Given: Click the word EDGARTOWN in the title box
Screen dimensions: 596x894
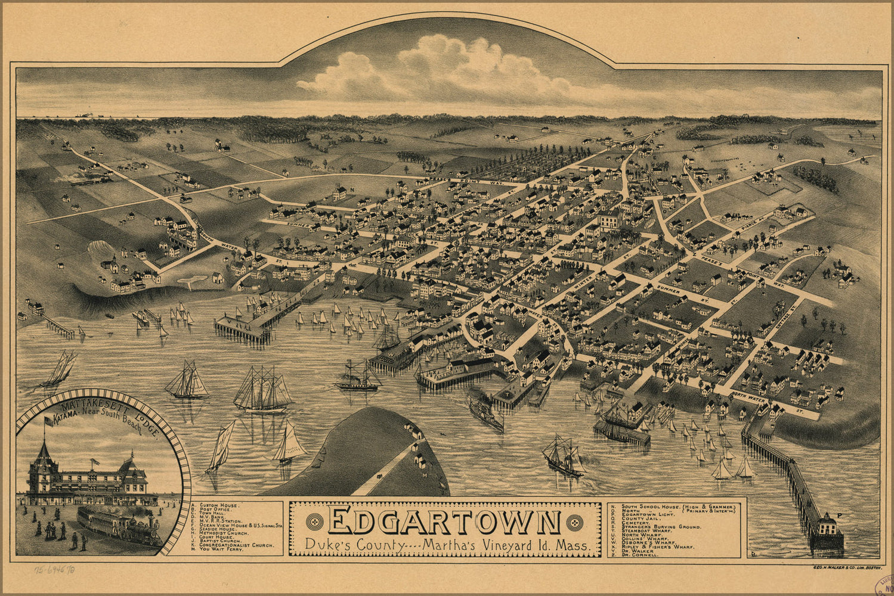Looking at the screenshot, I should coord(444,522).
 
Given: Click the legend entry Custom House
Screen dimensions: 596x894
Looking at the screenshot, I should coord(219,505).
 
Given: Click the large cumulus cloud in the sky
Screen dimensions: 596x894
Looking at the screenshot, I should coord(441,69).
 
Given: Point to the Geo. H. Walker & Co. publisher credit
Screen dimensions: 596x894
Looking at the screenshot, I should coord(846,569).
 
